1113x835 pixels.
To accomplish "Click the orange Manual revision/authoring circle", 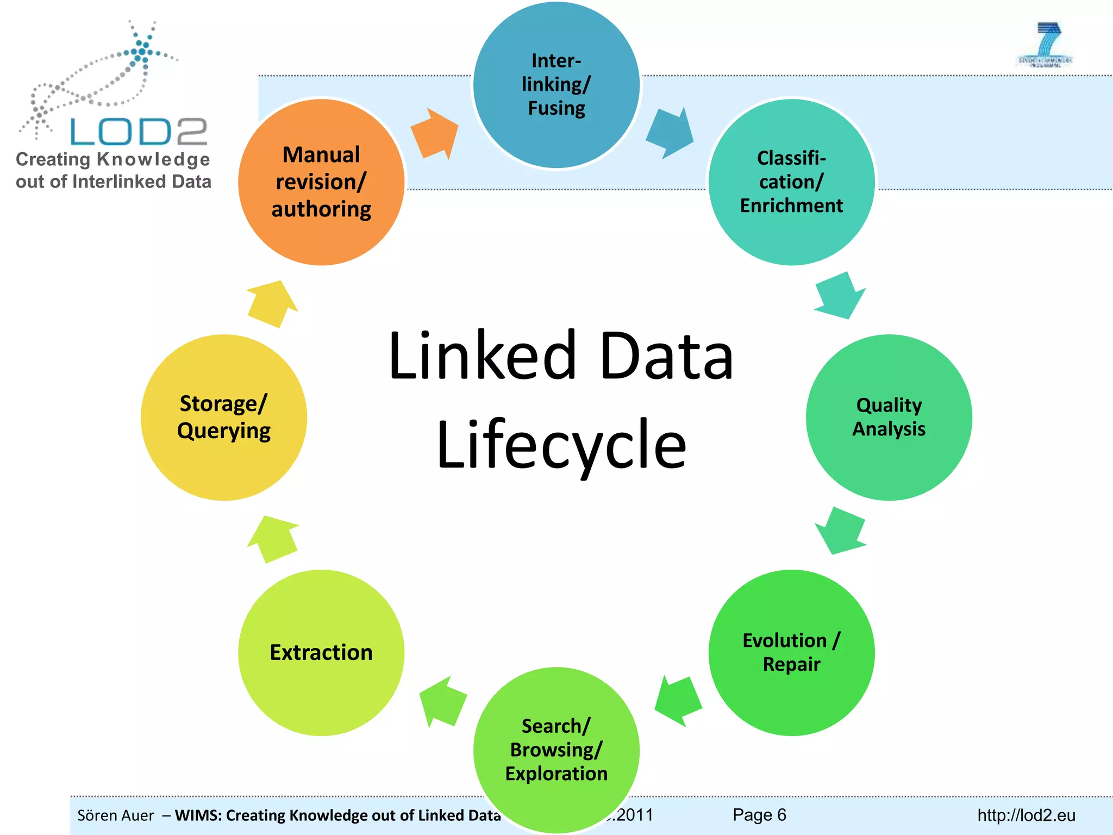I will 321,182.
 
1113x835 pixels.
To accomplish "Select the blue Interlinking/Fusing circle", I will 556,85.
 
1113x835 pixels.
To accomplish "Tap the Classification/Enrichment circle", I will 791,182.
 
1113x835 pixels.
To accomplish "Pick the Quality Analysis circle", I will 889,417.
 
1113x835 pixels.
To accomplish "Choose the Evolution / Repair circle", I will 791,652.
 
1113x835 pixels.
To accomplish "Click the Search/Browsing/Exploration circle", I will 556,750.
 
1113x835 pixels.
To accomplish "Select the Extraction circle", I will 321,652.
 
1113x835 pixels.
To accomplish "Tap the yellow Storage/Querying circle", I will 223,417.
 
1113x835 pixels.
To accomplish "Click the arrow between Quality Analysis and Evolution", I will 840,531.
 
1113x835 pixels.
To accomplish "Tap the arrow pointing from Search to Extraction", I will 443,701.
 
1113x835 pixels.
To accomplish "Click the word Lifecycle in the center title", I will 561,445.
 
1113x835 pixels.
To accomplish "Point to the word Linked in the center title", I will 482,356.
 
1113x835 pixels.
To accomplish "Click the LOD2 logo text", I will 139,132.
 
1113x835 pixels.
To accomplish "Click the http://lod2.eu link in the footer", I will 1026,815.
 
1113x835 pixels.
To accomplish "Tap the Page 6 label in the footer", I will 759,814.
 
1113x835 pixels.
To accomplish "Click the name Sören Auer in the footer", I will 116,815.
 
